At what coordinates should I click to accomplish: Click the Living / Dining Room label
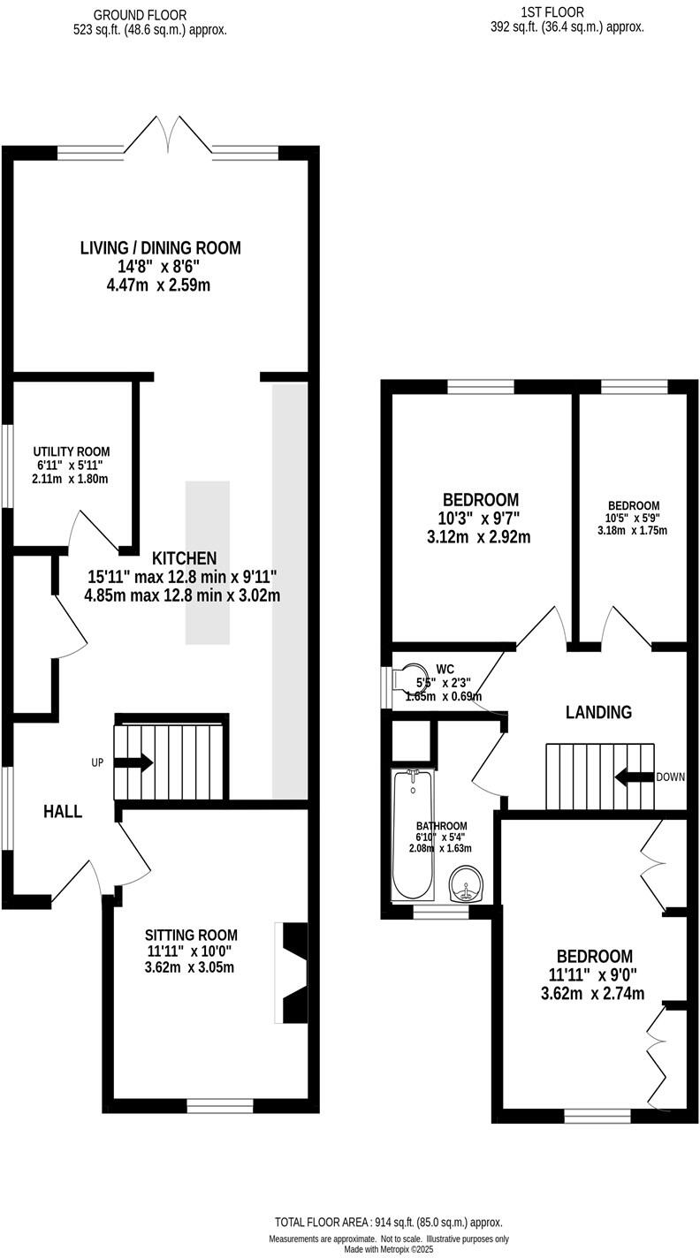[160, 248]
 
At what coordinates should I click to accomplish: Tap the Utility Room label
[72, 451]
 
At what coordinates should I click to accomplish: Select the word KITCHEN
[184, 558]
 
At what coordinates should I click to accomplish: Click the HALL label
[63, 811]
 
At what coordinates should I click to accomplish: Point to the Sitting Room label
[192, 935]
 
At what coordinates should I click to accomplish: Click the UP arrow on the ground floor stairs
[133, 762]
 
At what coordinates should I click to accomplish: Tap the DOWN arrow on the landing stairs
[634, 777]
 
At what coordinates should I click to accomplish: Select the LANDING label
[599, 712]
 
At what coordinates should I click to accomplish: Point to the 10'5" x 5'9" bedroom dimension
[632, 518]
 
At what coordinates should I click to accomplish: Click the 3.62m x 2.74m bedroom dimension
[592, 993]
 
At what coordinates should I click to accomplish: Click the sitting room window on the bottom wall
[219, 1105]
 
